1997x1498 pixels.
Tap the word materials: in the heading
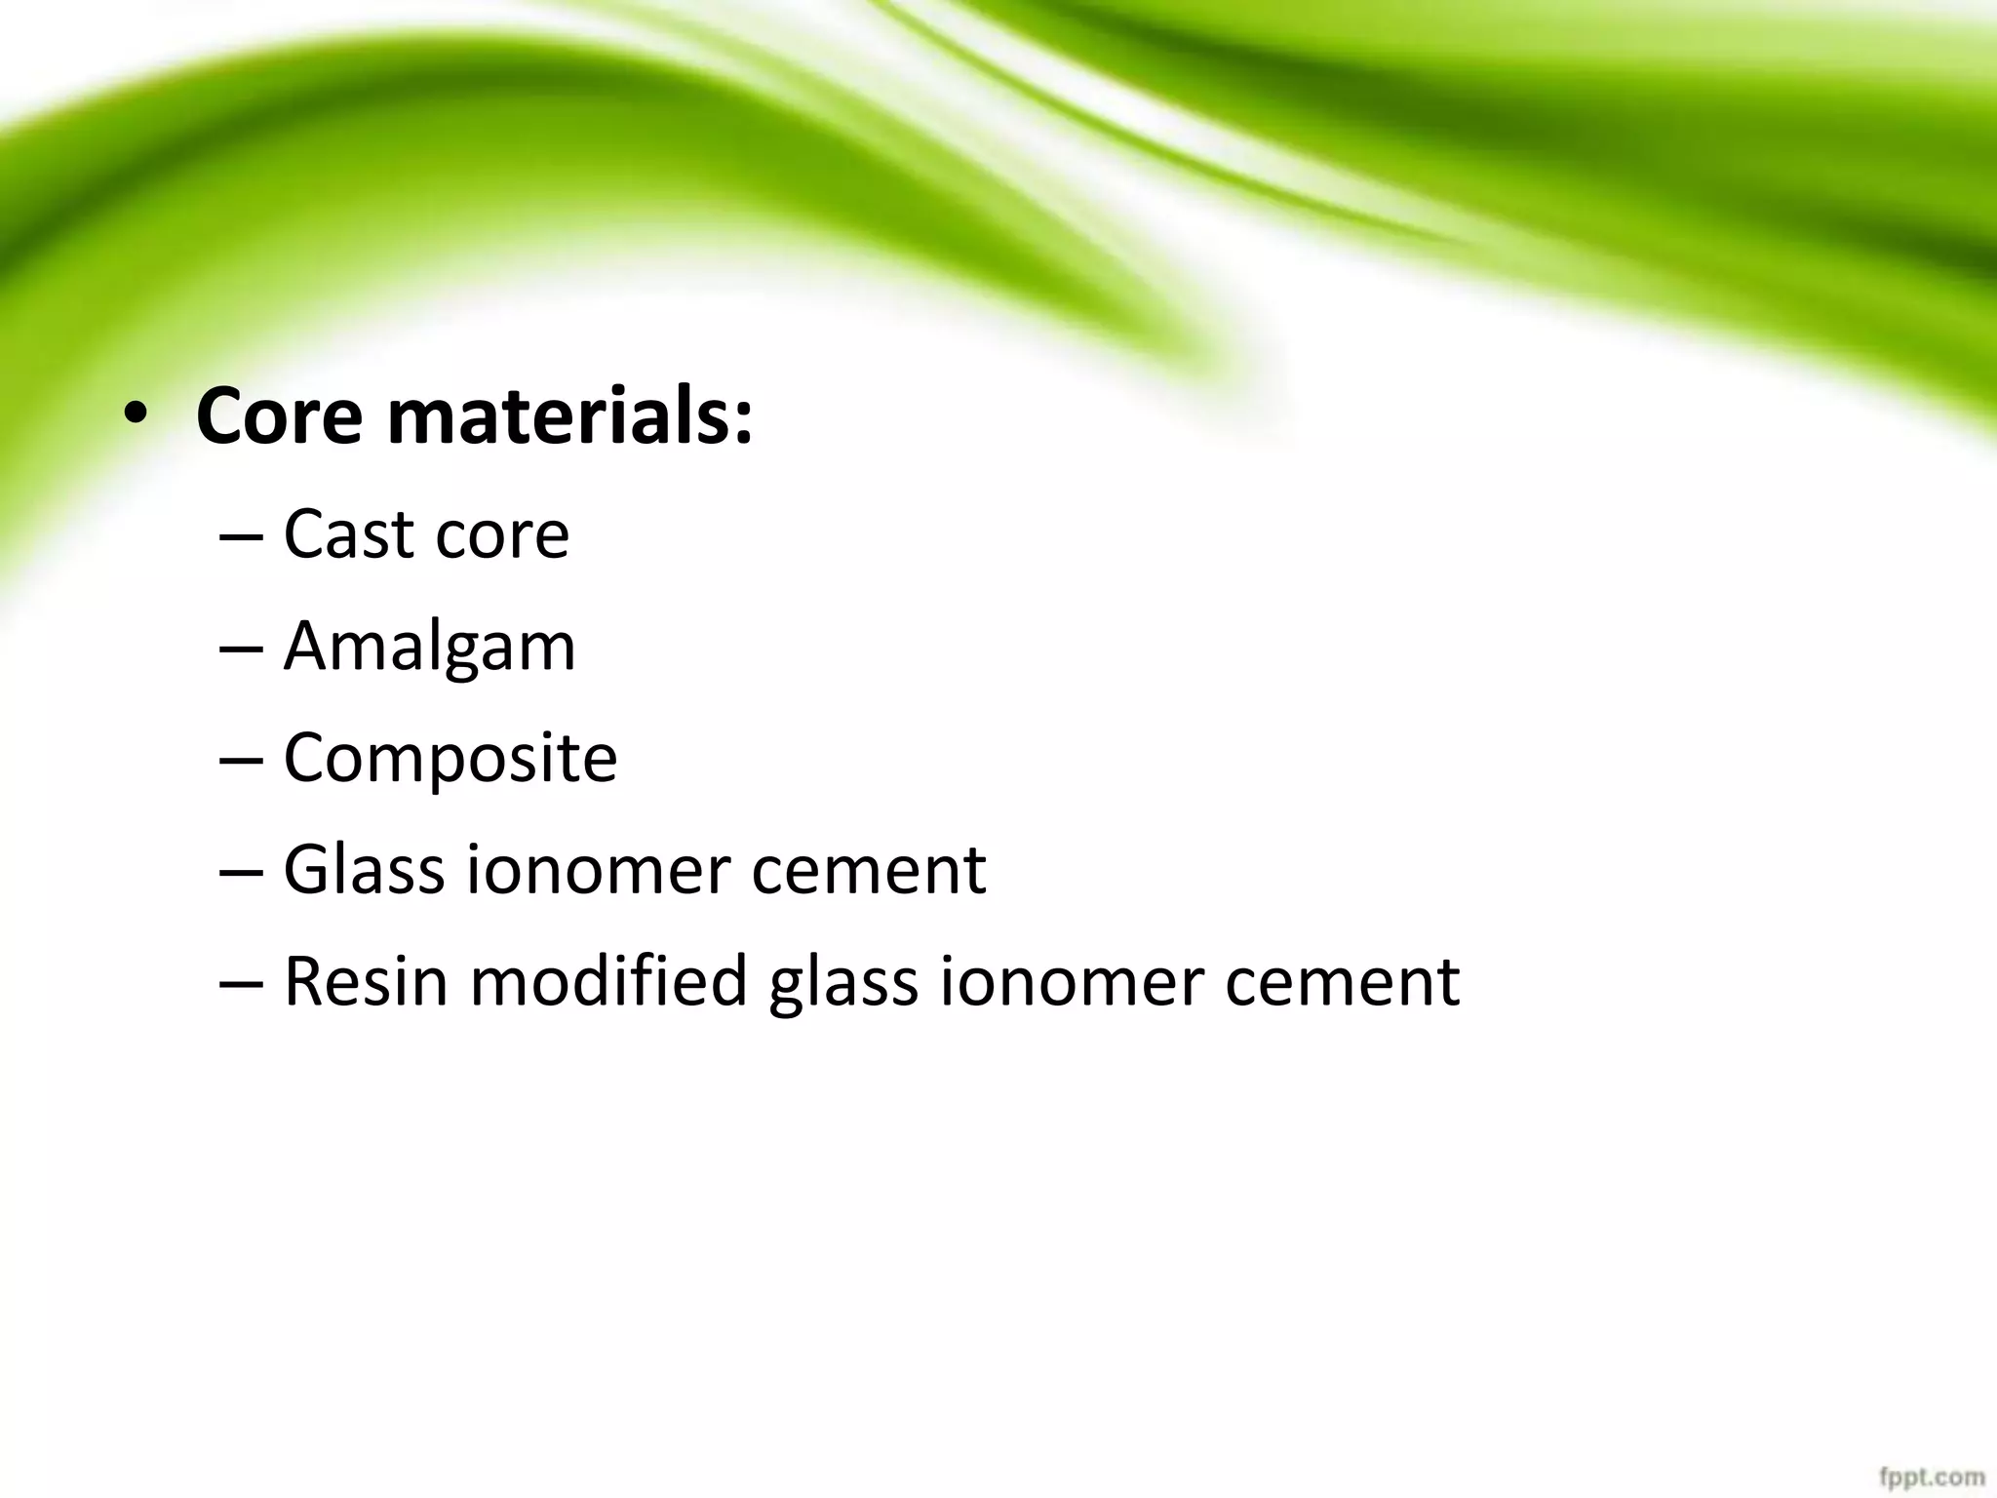tap(570, 417)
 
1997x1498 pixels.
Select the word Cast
tap(346, 535)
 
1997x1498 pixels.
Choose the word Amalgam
tap(429, 648)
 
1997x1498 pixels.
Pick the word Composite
tap(450, 759)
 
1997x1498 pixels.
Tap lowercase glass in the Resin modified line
tap(843, 983)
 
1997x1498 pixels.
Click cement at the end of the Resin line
tap(1342, 981)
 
